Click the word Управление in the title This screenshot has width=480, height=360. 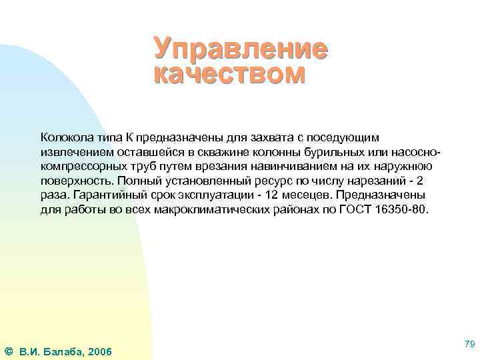[241, 49]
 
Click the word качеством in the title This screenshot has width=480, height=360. [230, 73]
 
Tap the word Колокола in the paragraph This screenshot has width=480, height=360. [64, 137]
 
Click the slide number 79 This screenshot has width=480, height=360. [469, 343]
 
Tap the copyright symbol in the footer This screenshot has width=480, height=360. [7, 351]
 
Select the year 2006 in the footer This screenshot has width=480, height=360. [99, 351]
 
